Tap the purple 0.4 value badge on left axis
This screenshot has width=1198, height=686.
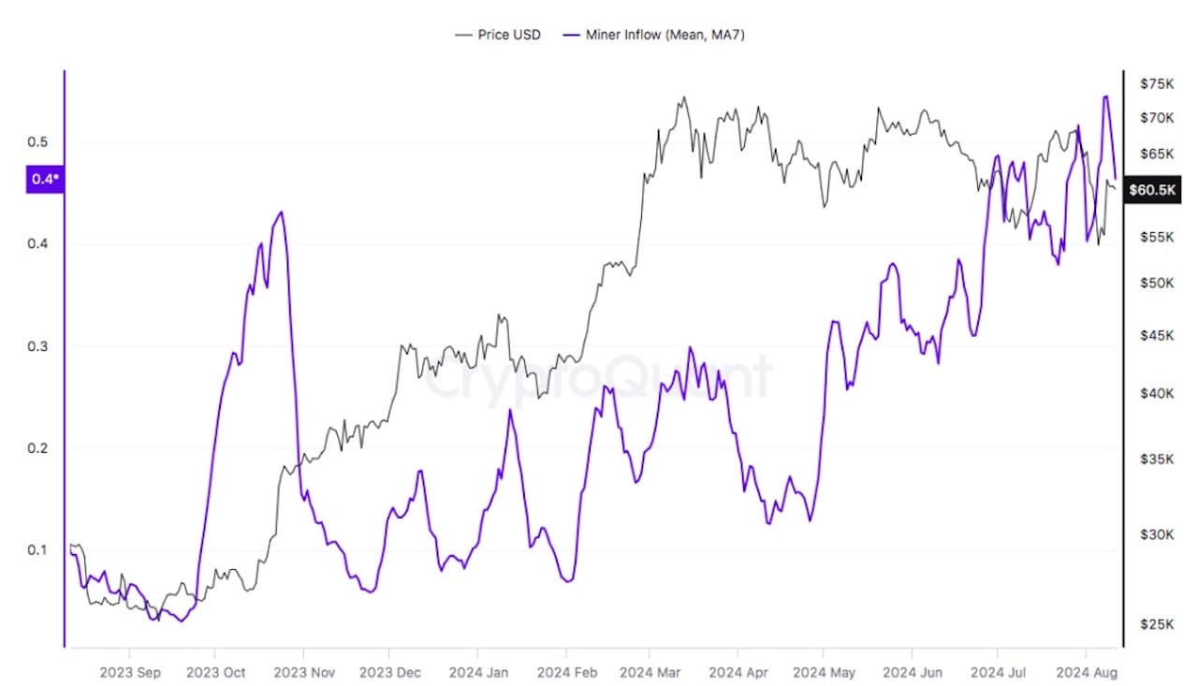(44, 179)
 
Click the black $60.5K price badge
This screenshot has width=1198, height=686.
(1151, 189)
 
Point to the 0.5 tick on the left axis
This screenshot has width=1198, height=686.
(37, 142)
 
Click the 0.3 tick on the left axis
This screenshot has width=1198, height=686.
(37, 346)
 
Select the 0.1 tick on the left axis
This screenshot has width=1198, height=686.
(37, 549)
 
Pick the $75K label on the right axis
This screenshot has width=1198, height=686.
(1157, 84)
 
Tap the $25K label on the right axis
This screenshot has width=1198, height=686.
(1157, 624)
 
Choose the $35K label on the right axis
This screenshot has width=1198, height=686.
(1157, 460)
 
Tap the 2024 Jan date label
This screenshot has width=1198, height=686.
(477, 672)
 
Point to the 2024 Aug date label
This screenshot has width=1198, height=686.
(1086, 672)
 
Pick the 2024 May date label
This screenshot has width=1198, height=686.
(823, 672)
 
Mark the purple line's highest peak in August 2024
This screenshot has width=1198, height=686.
(1106, 96)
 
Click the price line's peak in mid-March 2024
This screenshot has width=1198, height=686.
(683, 97)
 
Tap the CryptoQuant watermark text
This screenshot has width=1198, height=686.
(599, 376)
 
